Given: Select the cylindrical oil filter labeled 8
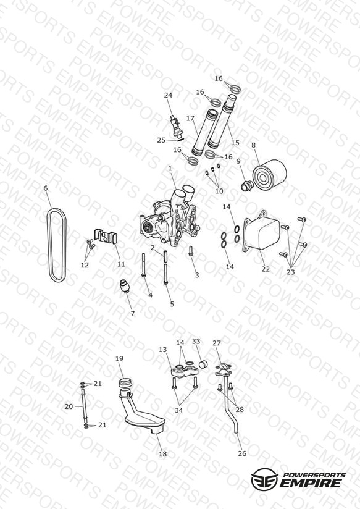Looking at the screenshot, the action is pos(269,175).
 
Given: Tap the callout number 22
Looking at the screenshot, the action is pos(266,269).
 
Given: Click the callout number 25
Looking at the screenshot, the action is pos(161,140).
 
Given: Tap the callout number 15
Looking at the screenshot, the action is pos(235,143).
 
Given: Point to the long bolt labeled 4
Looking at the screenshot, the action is pos(143,264).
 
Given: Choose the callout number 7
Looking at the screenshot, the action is pos(132,314).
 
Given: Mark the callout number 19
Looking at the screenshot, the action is pos(119,358).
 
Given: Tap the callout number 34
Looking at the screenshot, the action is pos(179,410).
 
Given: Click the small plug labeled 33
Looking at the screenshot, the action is pos(204,364).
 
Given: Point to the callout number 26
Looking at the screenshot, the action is pos(242,453).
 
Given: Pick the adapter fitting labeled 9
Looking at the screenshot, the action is pos(248,185).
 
